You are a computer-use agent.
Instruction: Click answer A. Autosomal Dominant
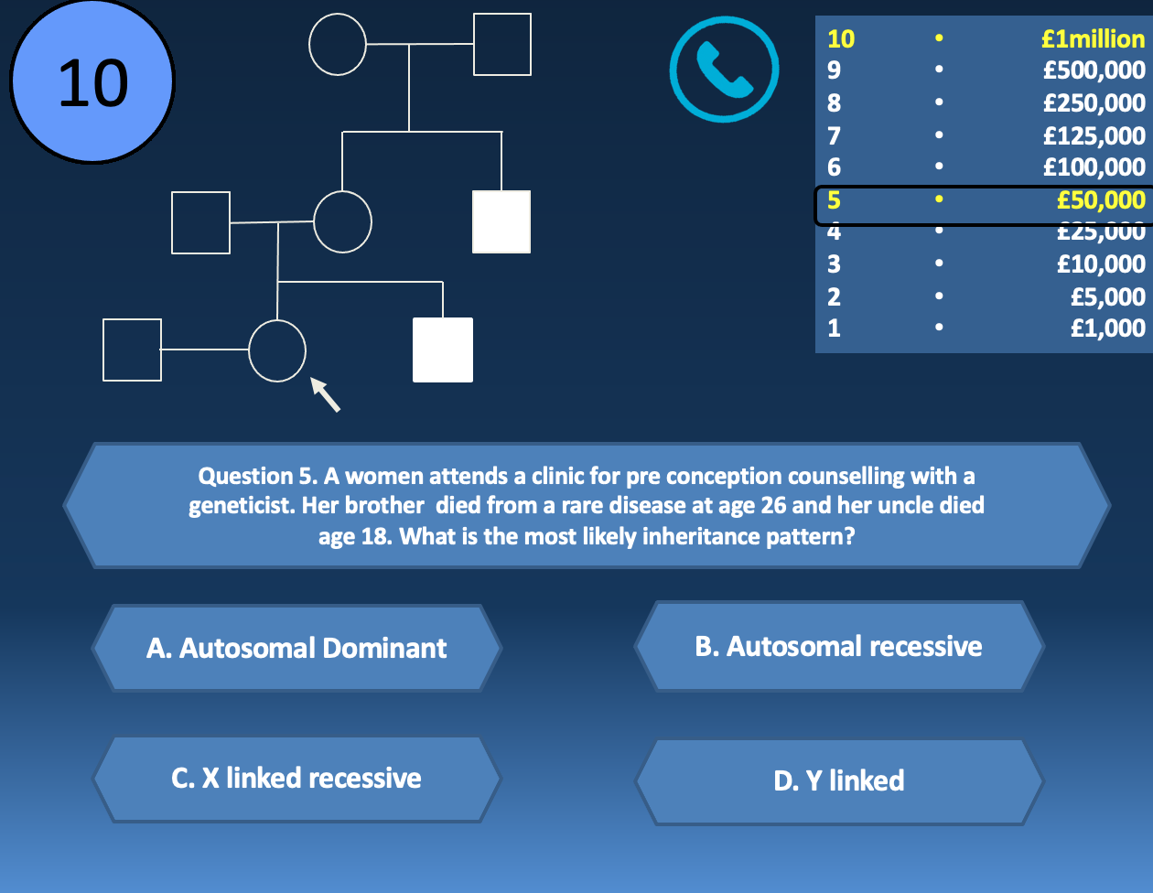(296, 648)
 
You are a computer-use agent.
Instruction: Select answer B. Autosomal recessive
(838, 646)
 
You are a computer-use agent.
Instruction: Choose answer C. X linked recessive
(296, 778)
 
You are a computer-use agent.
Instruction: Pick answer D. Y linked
(838, 780)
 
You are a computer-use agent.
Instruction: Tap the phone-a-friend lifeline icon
(724, 69)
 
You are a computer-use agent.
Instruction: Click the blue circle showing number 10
(92, 82)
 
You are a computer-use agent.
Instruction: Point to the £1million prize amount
(1093, 38)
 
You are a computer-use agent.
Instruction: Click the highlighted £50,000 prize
(1100, 199)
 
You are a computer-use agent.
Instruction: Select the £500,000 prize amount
(1094, 70)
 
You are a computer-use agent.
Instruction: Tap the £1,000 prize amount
(1107, 328)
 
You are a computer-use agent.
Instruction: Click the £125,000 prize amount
(1094, 135)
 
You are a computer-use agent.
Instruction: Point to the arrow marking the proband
(325, 394)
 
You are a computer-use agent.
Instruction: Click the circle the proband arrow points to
(277, 350)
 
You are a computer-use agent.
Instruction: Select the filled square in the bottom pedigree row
(443, 350)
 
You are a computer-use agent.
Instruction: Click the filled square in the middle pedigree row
(501, 221)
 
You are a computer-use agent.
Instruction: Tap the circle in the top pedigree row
(338, 44)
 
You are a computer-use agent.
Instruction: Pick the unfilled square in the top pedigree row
(502, 44)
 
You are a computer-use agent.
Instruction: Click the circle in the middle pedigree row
(342, 221)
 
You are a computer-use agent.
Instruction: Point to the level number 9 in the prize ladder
(834, 70)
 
